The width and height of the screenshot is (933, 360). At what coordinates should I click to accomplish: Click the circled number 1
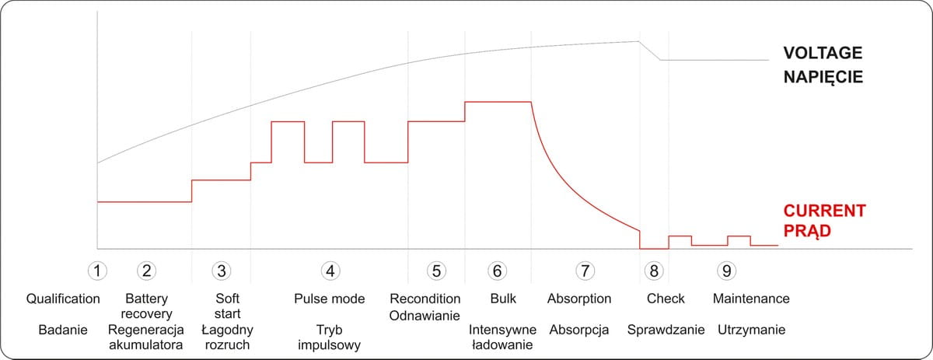[96, 271]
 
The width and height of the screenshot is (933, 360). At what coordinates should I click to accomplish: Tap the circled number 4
[330, 271]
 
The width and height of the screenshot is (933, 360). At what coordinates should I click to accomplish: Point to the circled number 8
[655, 271]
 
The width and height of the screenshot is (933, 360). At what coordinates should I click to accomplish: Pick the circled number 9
[727, 271]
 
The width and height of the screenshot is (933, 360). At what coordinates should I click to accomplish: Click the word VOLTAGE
[823, 54]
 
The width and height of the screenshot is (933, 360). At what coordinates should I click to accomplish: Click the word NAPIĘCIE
[823, 78]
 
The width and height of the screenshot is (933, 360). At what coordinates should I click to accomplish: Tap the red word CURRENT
[824, 211]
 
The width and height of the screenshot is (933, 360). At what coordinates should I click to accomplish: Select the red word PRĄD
[807, 231]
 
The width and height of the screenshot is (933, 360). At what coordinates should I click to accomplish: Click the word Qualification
[63, 299]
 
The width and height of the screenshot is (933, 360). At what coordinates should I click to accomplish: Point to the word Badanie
[62, 330]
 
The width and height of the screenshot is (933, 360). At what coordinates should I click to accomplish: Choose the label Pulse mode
[330, 299]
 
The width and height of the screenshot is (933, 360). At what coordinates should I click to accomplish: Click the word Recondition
[425, 299]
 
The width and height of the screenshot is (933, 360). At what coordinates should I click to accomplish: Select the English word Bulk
[503, 299]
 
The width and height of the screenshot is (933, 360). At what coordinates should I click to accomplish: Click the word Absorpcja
[578, 330]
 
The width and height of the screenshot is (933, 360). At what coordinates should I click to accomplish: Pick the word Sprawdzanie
[666, 330]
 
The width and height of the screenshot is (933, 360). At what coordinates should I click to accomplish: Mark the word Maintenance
[751, 299]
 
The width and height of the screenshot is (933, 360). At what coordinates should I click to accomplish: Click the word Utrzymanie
[751, 330]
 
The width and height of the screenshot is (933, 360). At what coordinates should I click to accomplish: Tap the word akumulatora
[146, 344]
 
